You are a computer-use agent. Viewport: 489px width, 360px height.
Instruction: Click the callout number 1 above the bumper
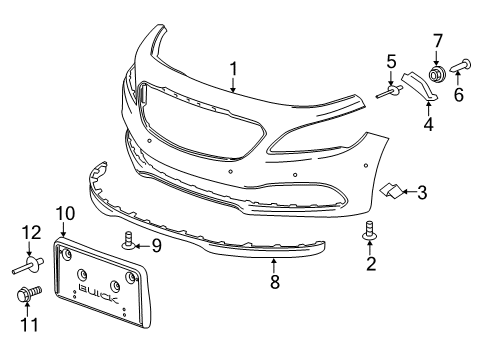click(x=233, y=69)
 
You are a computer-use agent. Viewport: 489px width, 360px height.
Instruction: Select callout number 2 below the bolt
click(x=370, y=263)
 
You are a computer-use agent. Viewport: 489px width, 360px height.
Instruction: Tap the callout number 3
click(x=422, y=191)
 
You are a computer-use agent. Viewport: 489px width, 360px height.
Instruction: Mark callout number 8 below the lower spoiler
click(x=274, y=283)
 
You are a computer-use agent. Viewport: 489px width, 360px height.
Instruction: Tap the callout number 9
click(x=157, y=245)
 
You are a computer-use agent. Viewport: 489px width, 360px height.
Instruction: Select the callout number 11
click(x=28, y=324)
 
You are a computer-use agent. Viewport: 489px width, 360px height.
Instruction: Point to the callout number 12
click(x=29, y=233)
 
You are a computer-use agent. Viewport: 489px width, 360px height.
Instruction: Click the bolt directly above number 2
click(x=370, y=233)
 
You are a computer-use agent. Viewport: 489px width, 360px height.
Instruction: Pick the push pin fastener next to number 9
click(x=130, y=241)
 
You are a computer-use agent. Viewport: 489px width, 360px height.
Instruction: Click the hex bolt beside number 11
click(x=27, y=296)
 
